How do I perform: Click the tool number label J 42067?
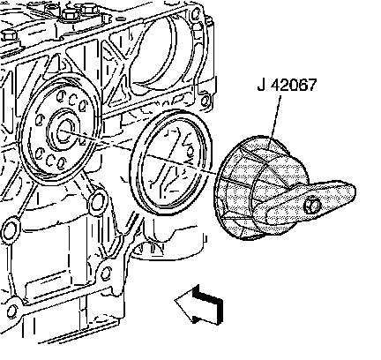[x=287, y=86]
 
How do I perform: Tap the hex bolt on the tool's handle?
[x=312, y=206]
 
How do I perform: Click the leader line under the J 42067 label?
[x=274, y=116]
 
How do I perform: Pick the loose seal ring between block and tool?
[x=170, y=163]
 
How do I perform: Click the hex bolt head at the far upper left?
[x=10, y=37]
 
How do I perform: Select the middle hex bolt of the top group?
[x=71, y=15]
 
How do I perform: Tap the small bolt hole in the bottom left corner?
[x=12, y=311]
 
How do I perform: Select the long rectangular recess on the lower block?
[x=51, y=285]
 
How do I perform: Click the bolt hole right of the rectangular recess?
[x=106, y=274]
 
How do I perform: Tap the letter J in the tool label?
[x=261, y=86]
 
